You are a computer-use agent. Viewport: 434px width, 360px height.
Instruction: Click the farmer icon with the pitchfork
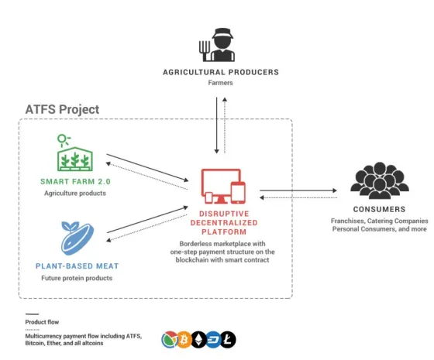[x=217, y=45]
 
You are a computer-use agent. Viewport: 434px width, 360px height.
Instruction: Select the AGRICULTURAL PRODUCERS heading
[x=221, y=72]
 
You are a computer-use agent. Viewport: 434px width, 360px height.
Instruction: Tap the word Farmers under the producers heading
[x=220, y=83]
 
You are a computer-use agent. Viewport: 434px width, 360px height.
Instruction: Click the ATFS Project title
[x=62, y=109]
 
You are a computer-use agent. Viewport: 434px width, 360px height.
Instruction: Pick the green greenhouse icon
[x=74, y=153]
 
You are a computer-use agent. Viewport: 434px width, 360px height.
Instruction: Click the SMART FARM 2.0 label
[x=75, y=182]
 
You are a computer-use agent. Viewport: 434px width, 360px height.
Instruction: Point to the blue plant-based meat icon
[x=77, y=238]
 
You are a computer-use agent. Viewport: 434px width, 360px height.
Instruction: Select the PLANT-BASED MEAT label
[x=77, y=266]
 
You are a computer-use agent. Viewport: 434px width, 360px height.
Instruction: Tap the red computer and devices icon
[x=223, y=186]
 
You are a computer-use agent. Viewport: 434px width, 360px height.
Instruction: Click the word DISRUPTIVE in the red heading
[x=224, y=214]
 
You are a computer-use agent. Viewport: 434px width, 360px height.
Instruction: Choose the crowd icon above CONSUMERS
[x=380, y=180]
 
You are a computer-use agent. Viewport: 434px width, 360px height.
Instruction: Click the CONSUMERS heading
[x=379, y=209]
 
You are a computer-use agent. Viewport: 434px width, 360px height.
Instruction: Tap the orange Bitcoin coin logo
[x=184, y=340]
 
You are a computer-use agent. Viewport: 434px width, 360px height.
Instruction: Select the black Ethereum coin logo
[x=198, y=340]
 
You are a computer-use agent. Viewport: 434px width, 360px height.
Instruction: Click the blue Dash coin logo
[x=213, y=340]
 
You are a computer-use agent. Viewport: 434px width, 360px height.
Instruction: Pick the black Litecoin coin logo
[x=228, y=340]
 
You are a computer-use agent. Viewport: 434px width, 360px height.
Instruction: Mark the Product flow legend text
[x=42, y=322]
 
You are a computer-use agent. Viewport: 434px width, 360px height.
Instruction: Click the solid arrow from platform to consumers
[x=298, y=190]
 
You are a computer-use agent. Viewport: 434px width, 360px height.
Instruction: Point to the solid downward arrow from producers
[x=217, y=125]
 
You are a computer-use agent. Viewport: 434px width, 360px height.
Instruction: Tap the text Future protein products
[x=77, y=278]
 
